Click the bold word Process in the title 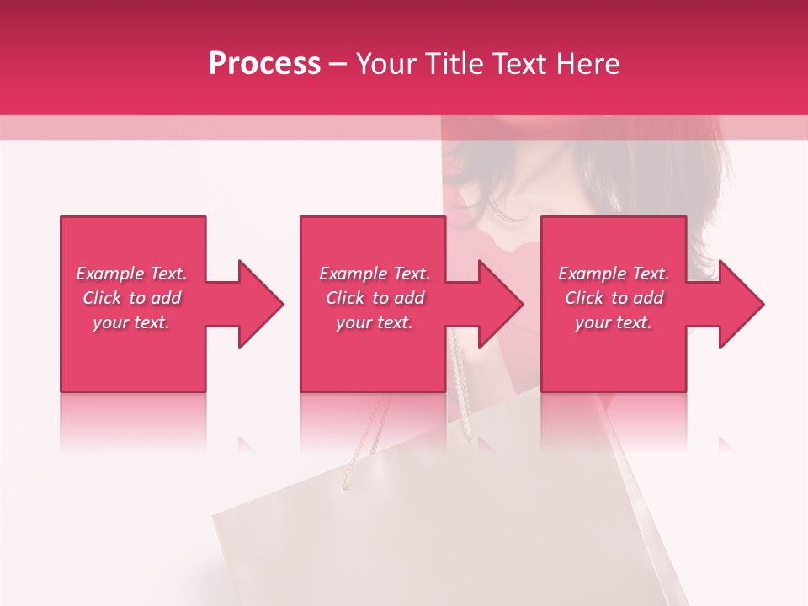264,64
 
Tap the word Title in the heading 453,64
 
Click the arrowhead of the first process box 258,304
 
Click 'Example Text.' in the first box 131,274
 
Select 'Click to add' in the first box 131,298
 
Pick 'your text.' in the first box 131,322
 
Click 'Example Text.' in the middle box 375,274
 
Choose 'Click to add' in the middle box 375,298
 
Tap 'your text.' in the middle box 375,322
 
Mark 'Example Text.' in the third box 614,274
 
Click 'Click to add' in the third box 614,298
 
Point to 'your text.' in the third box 614,322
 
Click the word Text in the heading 516,64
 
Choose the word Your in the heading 387,64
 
